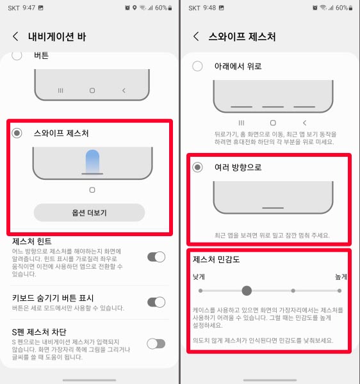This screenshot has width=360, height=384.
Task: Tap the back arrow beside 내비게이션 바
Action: tap(16, 36)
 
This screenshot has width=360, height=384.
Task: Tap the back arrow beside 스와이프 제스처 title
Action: tap(196, 36)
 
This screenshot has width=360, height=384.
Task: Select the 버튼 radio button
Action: tap(17, 56)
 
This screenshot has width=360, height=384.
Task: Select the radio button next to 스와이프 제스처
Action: tap(17, 133)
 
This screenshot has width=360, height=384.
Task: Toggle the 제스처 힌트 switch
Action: tap(156, 257)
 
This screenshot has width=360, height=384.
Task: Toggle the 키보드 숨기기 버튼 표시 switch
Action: tap(156, 302)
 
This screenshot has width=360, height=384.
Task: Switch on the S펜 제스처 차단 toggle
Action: tap(156, 344)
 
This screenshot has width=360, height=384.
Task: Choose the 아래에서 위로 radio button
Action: tap(197, 66)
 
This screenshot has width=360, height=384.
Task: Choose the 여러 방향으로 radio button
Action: tap(197, 167)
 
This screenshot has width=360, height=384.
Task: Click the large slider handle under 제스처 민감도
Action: tap(247, 291)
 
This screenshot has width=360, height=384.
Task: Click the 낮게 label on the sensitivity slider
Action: tap(199, 277)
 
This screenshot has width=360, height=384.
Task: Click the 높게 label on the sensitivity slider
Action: tap(340, 277)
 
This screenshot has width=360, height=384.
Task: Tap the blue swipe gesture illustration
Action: tap(92, 161)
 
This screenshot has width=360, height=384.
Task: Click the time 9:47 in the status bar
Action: tap(28, 8)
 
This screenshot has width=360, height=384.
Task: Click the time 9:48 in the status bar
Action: tap(209, 8)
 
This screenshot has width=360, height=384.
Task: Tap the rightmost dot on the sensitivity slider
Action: tap(340, 291)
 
